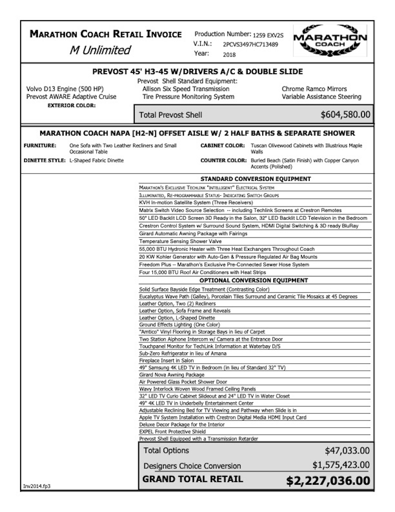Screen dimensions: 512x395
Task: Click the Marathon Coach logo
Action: (x=330, y=40)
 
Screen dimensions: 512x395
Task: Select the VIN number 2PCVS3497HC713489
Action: (x=250, y=45)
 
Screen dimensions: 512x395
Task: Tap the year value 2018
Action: (x=229, y=55)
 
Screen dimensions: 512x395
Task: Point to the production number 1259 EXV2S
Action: (x=268, y=35)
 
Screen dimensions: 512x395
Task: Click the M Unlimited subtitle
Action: (x=100, y=50)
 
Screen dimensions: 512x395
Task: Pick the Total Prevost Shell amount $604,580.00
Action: (x=345, y=115)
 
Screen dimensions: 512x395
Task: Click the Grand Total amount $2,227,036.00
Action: (x=328, y=481)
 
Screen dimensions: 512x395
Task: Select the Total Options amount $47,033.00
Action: (x=347, y=451)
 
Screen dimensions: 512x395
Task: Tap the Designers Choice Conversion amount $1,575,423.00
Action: (x=341, y=465)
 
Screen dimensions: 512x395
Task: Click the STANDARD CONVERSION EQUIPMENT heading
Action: (x=256, y=179)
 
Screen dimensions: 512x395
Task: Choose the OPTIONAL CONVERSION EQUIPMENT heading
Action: (x=254, y=281)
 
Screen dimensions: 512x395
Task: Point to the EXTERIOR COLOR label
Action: (x=71, y=106)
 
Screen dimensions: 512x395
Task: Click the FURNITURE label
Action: (x=40, y=146)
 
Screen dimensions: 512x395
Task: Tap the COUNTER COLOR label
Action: (x=222, y=161)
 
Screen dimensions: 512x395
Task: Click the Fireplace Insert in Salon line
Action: (x=166, y=360)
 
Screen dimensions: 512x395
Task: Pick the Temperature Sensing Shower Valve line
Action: (x=180, y=241)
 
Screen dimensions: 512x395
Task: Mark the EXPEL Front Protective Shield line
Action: (x=172, y=432)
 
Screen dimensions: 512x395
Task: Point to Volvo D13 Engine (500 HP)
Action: (x=65, y=89)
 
